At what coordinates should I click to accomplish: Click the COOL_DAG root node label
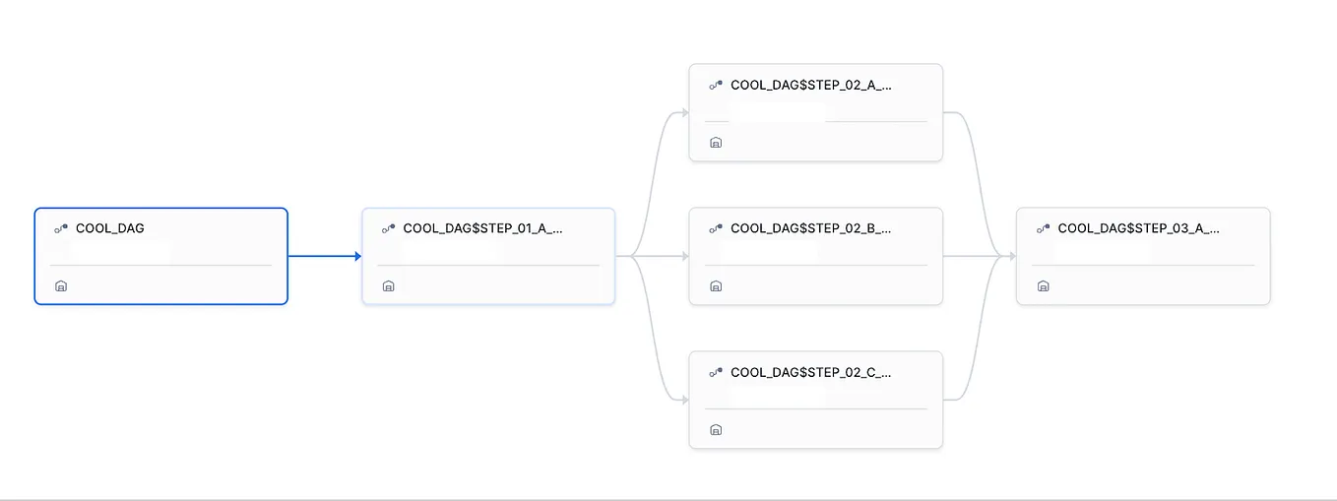(109, 228)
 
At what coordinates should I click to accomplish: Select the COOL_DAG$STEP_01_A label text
(482, 228)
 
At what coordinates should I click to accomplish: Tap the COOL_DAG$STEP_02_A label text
(810, 86)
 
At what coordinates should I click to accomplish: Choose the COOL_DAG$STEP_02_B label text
(810, 228)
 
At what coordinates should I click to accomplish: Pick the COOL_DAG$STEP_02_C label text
(810, 373)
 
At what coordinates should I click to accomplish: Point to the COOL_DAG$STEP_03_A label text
(1138, 228)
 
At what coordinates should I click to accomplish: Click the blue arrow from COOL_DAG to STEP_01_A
(325, 256)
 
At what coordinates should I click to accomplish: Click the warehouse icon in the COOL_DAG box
(61, 286)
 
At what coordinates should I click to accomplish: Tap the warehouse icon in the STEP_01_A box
(388, 286)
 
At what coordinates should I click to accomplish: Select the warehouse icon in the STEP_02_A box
(716, 143)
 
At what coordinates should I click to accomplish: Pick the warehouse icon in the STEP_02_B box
(716, 286)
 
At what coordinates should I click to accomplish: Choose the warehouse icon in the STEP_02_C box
(716, 430)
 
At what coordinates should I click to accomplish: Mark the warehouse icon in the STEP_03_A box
(1043, 286)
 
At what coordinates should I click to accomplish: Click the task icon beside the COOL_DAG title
(61, 228)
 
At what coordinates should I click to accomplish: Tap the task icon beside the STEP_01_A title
(388, 228)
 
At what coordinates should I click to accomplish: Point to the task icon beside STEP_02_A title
(716, 86)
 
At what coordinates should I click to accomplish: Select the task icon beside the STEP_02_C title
(716, 373)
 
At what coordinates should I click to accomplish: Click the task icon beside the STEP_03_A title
(1043, 228)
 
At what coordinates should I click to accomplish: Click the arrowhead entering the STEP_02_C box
(683, 400)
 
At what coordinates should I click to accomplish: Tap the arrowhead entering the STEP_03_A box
(1011, 256)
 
